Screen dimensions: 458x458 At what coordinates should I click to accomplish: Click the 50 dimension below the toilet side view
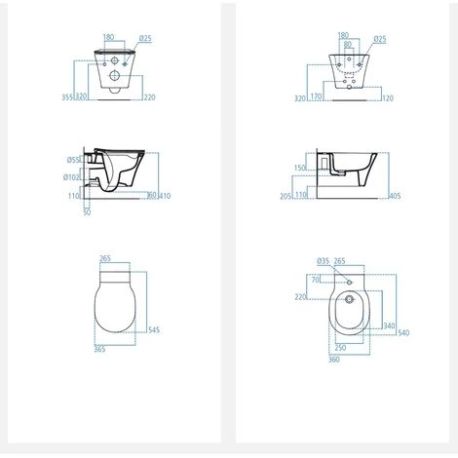pos(86,210)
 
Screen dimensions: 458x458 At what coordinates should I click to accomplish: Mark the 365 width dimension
pos(100,349)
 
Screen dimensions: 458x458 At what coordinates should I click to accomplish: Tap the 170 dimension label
pos(331,97)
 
